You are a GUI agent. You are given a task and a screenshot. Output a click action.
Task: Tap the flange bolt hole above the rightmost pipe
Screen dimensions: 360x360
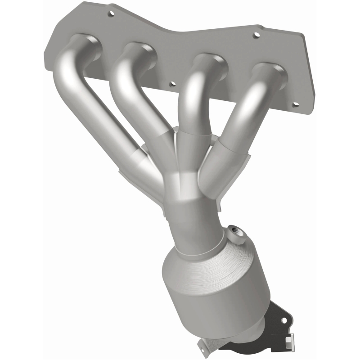256,35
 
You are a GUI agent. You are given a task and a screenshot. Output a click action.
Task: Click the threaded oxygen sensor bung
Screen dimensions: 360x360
236,234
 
